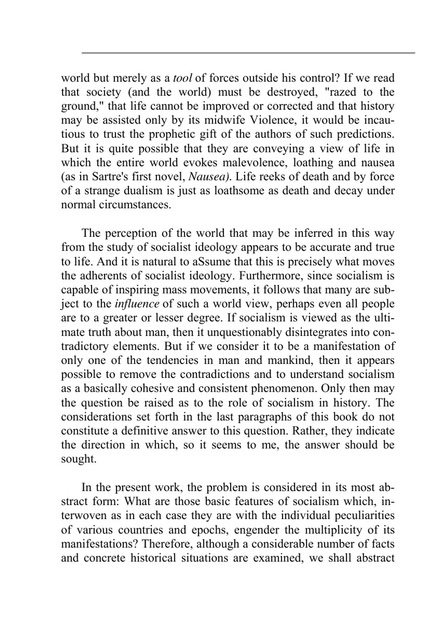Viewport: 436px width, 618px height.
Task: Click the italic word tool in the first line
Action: [183, 78]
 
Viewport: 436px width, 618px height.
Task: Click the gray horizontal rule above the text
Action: [248, 53]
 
